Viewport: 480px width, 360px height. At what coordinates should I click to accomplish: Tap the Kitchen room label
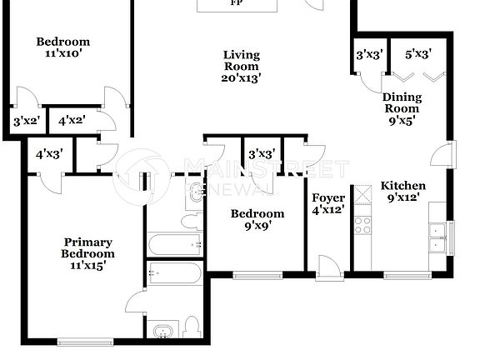(403, 186)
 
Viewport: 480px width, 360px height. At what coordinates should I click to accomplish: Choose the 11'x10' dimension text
(63, 53)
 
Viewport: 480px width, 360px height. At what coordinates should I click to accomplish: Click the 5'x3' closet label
(417, 56)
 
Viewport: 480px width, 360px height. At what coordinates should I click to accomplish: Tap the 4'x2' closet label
(72, 121)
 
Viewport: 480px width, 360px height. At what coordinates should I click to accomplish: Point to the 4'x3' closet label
(48, 153)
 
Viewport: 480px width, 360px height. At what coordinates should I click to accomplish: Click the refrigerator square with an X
(363, 196)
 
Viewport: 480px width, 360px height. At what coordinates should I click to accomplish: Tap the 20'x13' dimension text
(242, 78)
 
